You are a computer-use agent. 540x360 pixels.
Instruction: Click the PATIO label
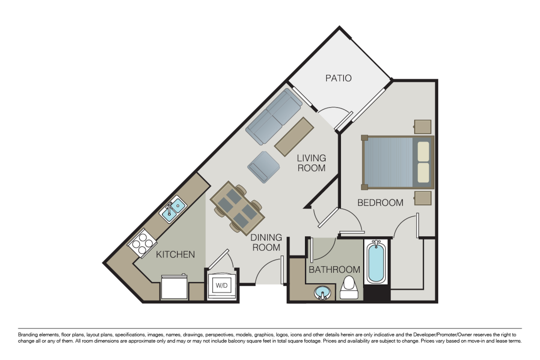[x=338, y=78]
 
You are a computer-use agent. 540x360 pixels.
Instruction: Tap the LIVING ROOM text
[x=311, y=163]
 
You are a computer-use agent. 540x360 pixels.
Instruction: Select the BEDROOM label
[x=380, y=203]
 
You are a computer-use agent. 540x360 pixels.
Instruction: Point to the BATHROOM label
[x=334, y=269]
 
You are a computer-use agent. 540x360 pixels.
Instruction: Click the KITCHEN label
[x=175, y=255]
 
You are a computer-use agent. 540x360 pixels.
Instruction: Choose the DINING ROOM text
[x=266, y=242]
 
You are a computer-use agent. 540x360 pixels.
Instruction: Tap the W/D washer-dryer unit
[x=222, y=285]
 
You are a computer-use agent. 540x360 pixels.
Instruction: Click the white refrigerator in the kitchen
[x=174, y=287]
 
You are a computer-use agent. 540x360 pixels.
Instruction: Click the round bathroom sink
[x=322, y=293]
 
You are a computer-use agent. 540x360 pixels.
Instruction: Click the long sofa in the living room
[x=274, y=117]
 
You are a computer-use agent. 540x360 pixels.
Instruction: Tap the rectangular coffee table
[x=295, y=136]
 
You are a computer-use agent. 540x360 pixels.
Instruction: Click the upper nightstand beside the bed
[x=423, y=127]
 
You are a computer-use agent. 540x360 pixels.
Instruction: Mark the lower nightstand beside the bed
[x=423, y=198]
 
